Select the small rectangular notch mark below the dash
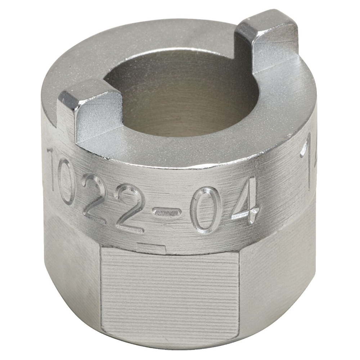(x=151, y=247)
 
